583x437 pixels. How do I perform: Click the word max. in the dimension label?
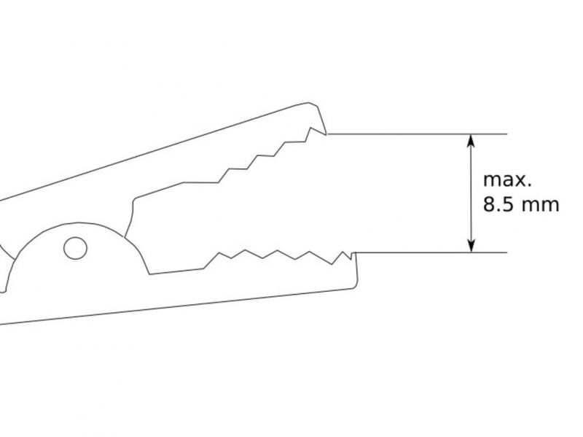(x=507, y=180)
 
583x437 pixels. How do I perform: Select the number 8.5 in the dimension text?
(x=498, y=205)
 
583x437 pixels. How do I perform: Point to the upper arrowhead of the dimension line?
(x=471, y=141)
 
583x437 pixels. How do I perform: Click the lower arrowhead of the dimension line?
(x=471, y=246)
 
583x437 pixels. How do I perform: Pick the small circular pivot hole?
(x=76, y=248)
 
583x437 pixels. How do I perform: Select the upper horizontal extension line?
(x=417, y=134)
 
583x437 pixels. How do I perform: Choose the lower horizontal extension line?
(x=431, y=252)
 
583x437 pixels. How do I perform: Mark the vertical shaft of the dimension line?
(x=471, y=193)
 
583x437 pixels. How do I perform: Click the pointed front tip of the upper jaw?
(x=326, y=134)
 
